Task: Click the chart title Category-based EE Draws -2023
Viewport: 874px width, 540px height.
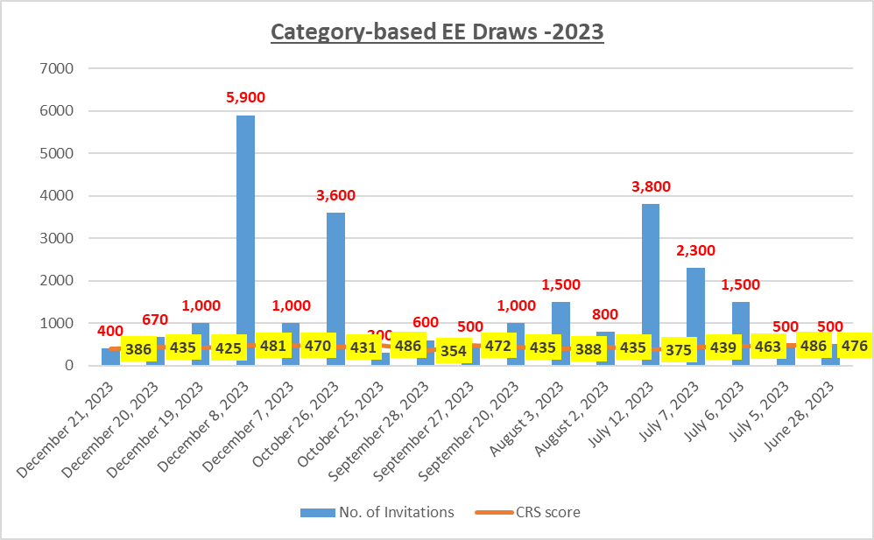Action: (437, 32)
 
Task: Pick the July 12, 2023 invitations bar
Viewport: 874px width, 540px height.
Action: (650, 263)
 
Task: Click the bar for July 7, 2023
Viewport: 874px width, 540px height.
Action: (695, 298)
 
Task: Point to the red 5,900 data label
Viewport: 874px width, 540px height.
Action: (245, 97)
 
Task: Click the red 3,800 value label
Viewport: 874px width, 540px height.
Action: (650, 186)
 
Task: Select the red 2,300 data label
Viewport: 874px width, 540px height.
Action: (694, 250)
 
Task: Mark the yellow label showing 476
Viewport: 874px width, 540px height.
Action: (853, 346)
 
